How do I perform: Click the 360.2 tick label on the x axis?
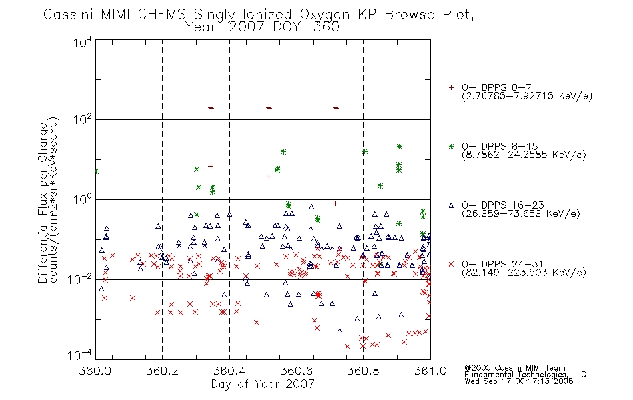click(x=163, y=371)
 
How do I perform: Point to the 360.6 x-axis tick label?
click(x=297, y=371)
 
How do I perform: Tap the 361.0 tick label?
click(x=430, y=371)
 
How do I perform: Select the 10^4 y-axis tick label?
click(x=83, y=42)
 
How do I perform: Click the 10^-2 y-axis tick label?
click(x=80, y=279)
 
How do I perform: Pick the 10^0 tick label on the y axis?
click(x=83, y=199)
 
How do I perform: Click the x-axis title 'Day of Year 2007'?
click(x=263, y=384)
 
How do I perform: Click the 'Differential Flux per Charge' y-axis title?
click(x=43, y=203)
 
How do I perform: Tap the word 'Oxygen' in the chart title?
click(x=325, y=15)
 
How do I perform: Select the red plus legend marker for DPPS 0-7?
click(x=451, y=87)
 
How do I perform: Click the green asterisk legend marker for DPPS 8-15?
click(x=451, y=146)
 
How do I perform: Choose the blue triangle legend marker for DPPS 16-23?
click(x=451, y=205)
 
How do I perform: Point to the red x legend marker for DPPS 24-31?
click(x=451, y=264)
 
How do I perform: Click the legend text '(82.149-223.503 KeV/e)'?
click(x=524, y=273)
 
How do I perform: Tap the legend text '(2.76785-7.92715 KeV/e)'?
click(x=527, y=96)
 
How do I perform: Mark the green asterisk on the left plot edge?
click(x=97, y=171)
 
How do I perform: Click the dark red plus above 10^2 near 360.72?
click(x=336, y=108)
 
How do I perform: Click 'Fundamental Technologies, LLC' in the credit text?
click(x=525, y=375)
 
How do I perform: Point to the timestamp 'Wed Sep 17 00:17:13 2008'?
click(x=519, y=381)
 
